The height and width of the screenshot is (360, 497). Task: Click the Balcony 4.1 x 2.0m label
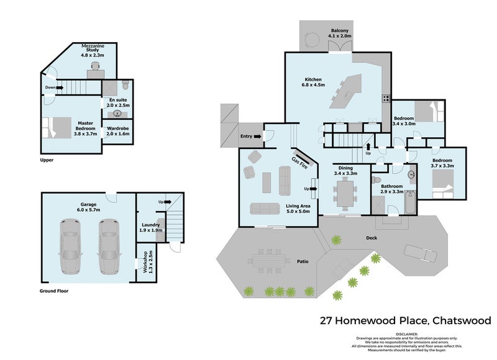340,34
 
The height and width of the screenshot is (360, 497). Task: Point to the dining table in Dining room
344,198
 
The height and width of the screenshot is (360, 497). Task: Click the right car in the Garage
109,248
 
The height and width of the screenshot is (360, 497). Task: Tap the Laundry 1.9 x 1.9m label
151,228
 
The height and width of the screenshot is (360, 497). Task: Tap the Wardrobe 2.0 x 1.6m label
117,132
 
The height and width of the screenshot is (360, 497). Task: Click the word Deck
372,237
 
